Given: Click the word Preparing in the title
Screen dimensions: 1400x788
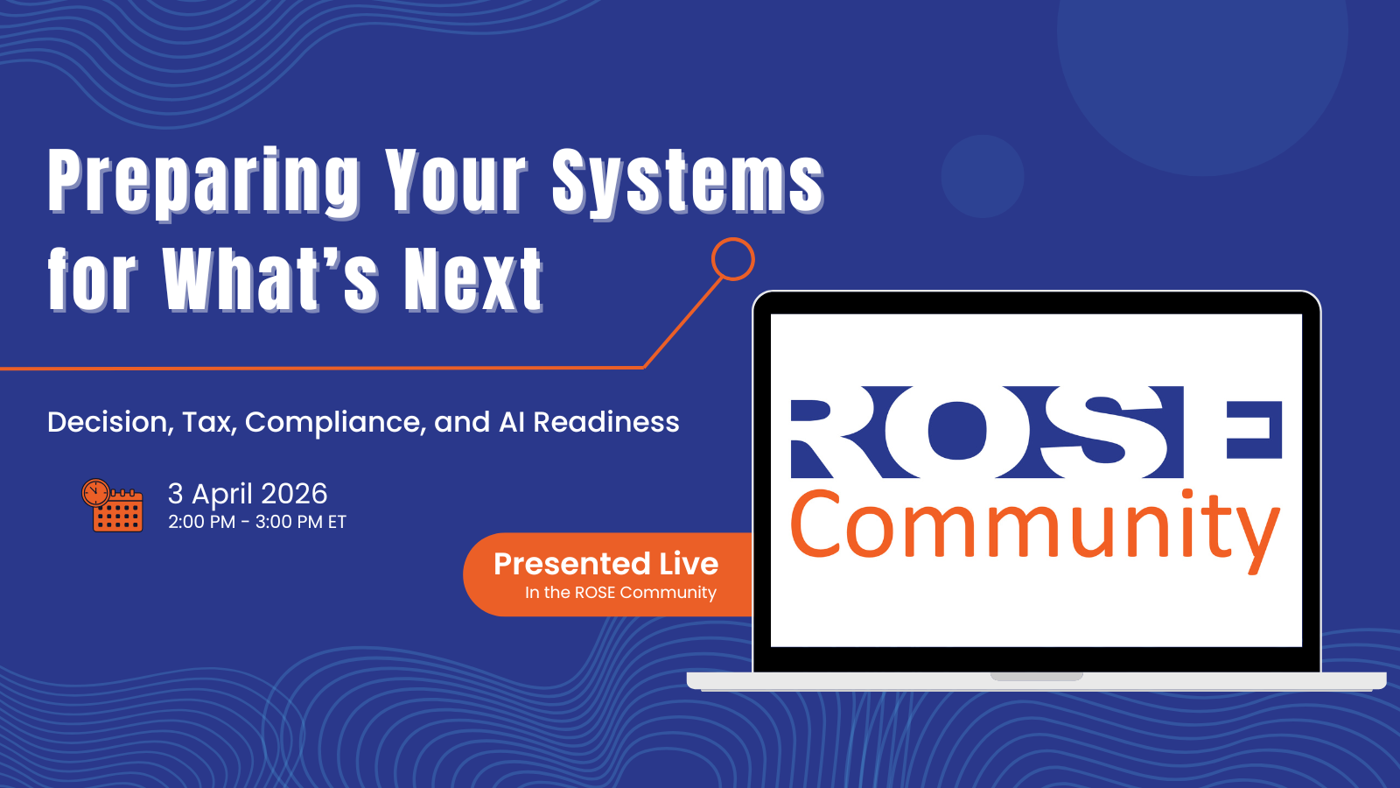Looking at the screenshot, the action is pos(205,182).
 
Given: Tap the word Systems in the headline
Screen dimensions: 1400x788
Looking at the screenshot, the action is pos(689,182).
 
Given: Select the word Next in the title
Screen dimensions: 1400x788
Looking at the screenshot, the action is pos(473,279).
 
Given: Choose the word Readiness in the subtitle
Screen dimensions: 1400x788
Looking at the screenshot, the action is pos(605,422).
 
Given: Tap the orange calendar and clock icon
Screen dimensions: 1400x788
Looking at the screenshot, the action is pos(113,505).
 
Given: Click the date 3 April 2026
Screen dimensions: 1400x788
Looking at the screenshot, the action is pos(248,495).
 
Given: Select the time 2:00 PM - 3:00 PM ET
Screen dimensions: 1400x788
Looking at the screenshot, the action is pos(257,522).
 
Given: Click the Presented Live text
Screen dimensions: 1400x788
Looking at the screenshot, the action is pos(605,564).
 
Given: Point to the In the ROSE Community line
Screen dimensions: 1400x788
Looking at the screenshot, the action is pos(620,592).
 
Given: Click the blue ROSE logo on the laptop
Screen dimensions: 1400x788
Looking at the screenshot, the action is pos(1037,433).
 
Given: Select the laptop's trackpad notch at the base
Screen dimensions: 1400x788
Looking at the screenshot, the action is pos(1037,677).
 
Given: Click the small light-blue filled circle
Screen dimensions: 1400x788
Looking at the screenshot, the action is pos(983,176).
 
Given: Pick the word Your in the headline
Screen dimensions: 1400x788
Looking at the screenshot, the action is pos(457,182).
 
